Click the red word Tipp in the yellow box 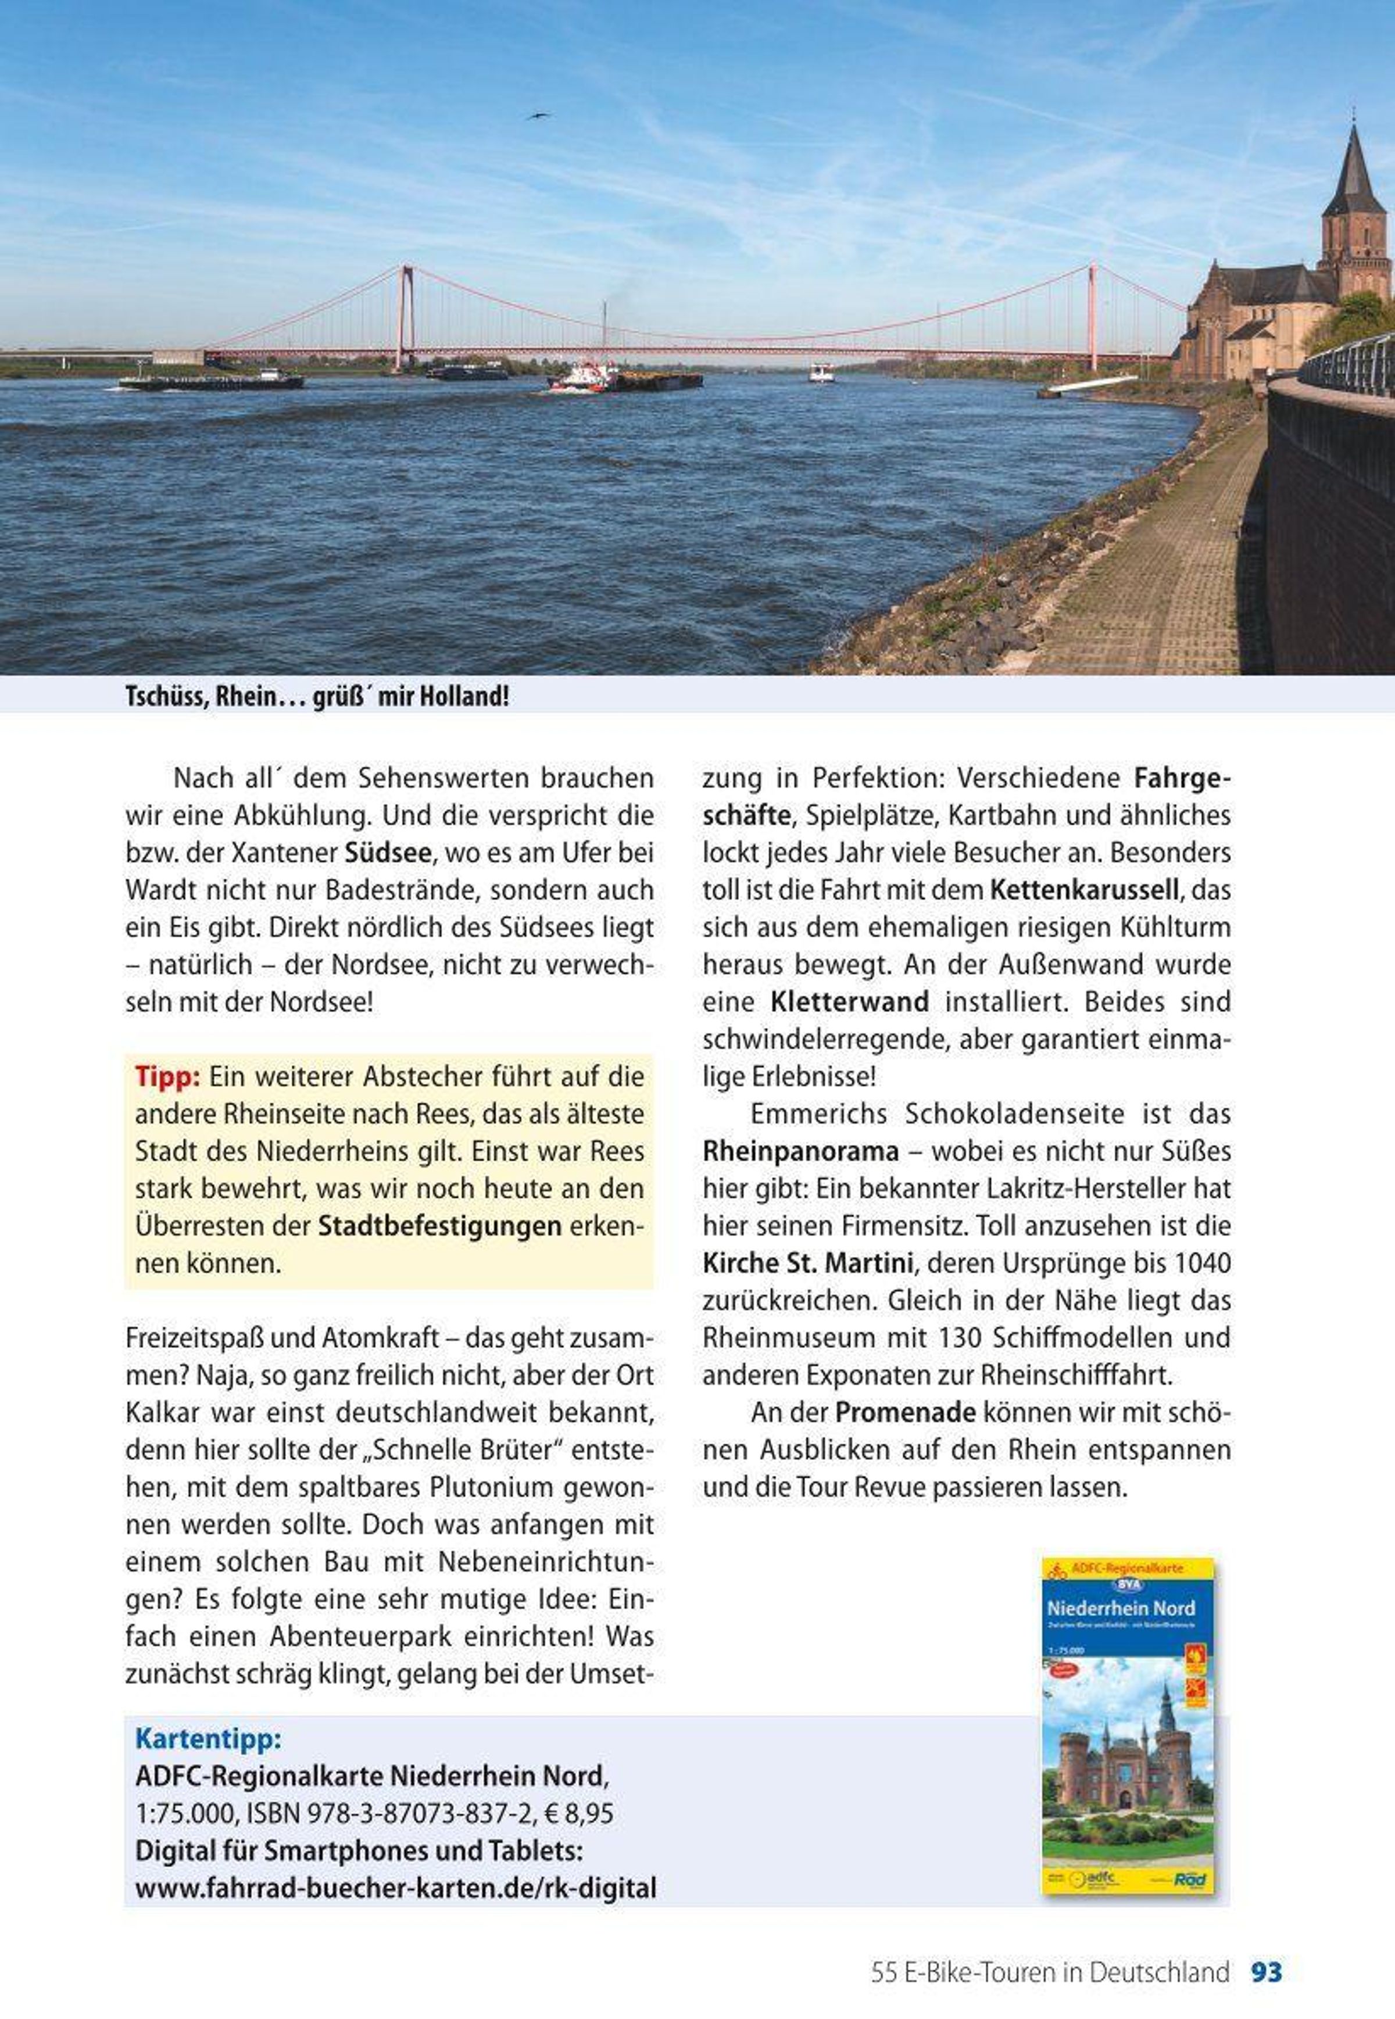click(167, 1077)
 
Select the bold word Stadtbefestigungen click(439, 1226)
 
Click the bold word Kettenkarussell click(1085, 890)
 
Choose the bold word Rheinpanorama click(800, 1152)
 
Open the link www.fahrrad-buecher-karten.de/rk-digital click(395, 1889)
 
